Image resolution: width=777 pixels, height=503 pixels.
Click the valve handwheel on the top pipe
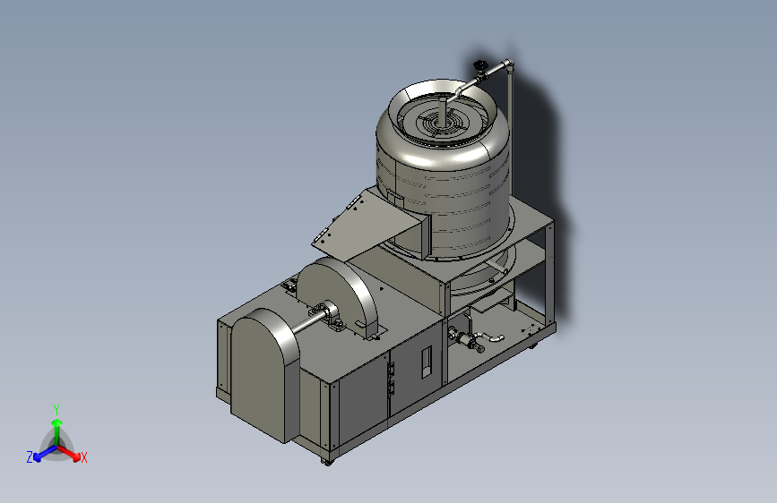coord(480,64)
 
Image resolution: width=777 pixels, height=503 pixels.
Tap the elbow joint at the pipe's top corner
coord(508,64)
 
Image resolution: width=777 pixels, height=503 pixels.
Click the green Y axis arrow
coord(57,431)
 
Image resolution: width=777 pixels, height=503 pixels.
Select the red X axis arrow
coord(68,453)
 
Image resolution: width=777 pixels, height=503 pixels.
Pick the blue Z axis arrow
coord(45,453)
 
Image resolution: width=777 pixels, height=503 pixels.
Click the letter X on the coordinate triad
coord(83,458)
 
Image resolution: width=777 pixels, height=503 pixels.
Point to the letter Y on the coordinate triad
coord(56,410)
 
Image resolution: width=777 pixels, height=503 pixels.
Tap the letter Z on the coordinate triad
coord(30,457)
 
